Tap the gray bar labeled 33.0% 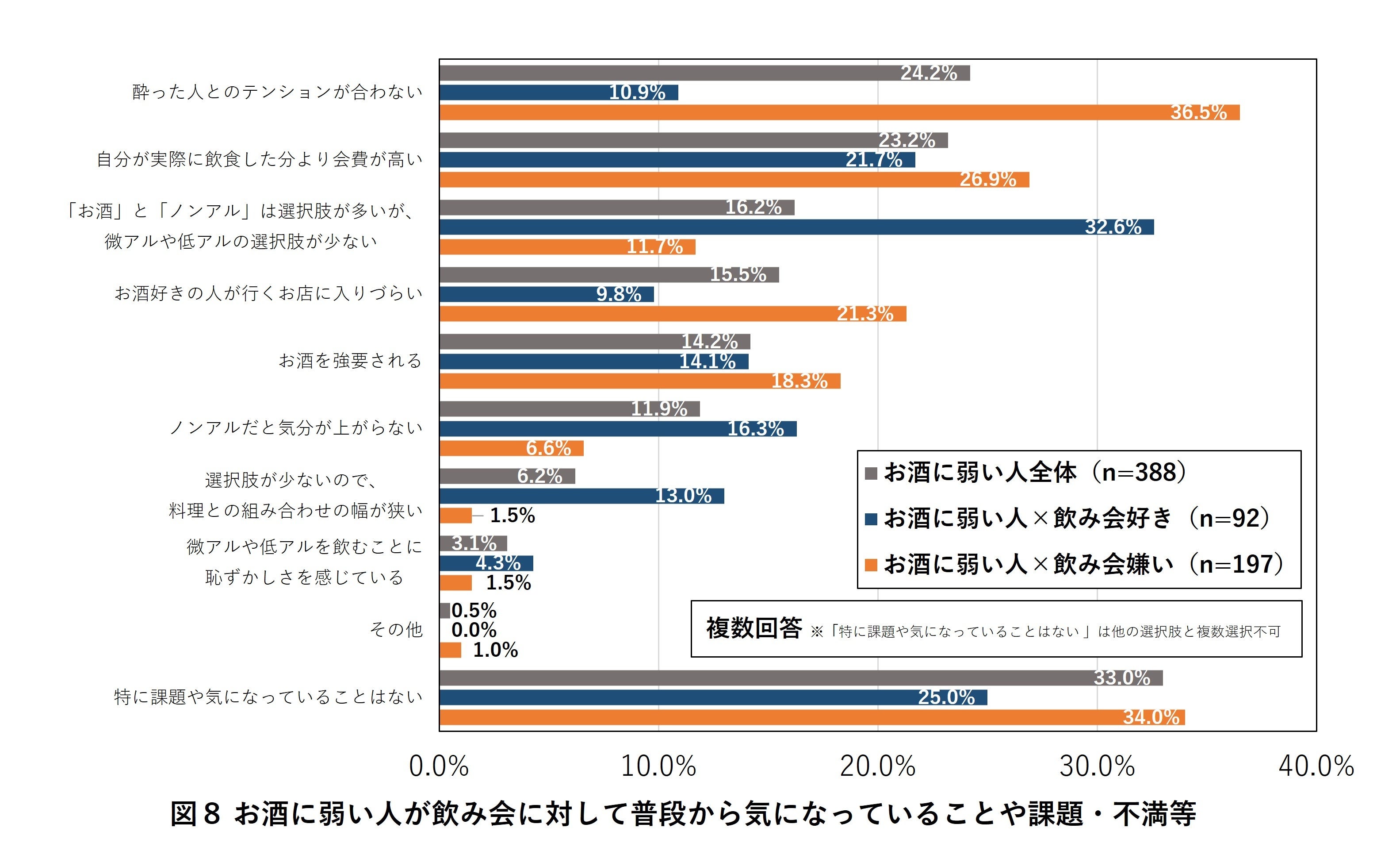tap(800, 678)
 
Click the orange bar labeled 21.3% tap(672, 314)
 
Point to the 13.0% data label tap(683, 496)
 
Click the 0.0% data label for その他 tap(474, 630)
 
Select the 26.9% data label tap(987, 179)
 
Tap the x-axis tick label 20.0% tap(877, 766)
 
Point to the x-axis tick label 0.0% tap(438, 766)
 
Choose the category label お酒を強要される tap(350, 361)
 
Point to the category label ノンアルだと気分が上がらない tap(296, 428)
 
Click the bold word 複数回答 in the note tap(754, 628)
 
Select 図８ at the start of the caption tap(195, 814)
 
